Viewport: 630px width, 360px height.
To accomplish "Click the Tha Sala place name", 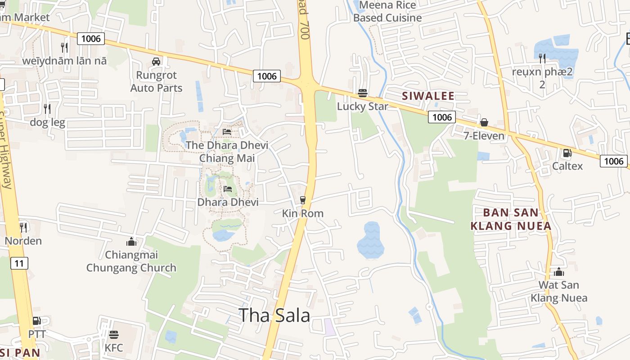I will tap(274, 315).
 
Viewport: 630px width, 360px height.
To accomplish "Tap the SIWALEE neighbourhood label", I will tap(428, 96).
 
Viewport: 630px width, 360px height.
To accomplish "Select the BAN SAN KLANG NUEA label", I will tap(511, 219).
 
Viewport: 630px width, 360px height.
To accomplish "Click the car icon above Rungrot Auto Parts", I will tap(156, 62).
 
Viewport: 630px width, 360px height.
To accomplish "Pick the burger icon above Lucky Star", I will tap(363, 93).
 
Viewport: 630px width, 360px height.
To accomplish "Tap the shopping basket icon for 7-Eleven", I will tap(484, 122).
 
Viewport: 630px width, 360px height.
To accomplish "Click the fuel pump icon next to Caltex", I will tap(567, 153).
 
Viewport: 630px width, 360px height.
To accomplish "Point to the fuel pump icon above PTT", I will tap(37, 321).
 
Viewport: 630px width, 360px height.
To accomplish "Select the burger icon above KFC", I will tap(113, 335).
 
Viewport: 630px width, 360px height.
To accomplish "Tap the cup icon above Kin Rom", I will tap(303, 200).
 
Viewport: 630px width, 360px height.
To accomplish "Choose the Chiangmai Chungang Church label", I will tap(131, 261).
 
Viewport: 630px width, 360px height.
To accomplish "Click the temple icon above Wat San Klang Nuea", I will tap(559, 272).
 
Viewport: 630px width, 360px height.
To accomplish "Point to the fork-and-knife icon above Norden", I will tap(23, 228).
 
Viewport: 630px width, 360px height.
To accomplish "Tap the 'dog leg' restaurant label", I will tap(47, 122).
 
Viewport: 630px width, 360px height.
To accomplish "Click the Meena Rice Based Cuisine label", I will tap(387, 12).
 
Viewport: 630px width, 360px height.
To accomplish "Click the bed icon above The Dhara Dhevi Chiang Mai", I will tap(227, 132).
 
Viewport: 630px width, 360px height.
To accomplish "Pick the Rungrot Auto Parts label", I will tap(156, 81).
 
